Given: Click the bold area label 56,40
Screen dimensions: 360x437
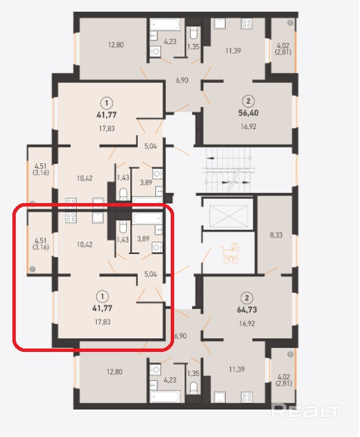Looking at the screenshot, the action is [248, 113].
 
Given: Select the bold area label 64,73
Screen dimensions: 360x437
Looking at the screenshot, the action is [247, 309].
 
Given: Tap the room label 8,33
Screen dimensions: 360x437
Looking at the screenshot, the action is [276, 235].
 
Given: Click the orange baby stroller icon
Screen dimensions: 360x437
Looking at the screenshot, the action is [230, 253].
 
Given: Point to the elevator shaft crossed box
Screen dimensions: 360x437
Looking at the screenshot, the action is [228, 216].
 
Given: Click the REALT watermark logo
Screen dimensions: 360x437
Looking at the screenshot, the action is [306, 411].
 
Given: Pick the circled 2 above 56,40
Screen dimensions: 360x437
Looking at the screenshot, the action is [248, 101].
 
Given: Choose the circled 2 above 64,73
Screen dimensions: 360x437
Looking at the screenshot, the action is [247, 298].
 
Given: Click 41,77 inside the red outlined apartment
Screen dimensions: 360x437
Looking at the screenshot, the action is [103, 308].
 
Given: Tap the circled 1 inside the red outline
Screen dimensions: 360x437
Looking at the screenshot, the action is [103, 296].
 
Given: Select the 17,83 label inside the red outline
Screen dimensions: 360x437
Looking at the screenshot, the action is [103, 322].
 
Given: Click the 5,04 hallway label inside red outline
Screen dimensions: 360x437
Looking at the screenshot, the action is [150, 274].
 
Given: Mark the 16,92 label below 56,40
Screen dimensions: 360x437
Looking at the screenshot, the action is [248, 127].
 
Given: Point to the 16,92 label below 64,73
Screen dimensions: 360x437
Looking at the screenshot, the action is [247, 324].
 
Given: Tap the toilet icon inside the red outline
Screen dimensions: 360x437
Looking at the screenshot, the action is [123, 226].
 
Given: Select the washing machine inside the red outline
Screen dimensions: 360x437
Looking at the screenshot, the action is [157, 247].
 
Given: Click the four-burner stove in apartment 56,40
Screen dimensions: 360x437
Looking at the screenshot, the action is [247, 23].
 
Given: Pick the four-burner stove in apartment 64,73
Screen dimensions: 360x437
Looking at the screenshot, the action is [247, 397].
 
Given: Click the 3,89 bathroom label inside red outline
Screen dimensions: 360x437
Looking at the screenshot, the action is [143, 239].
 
